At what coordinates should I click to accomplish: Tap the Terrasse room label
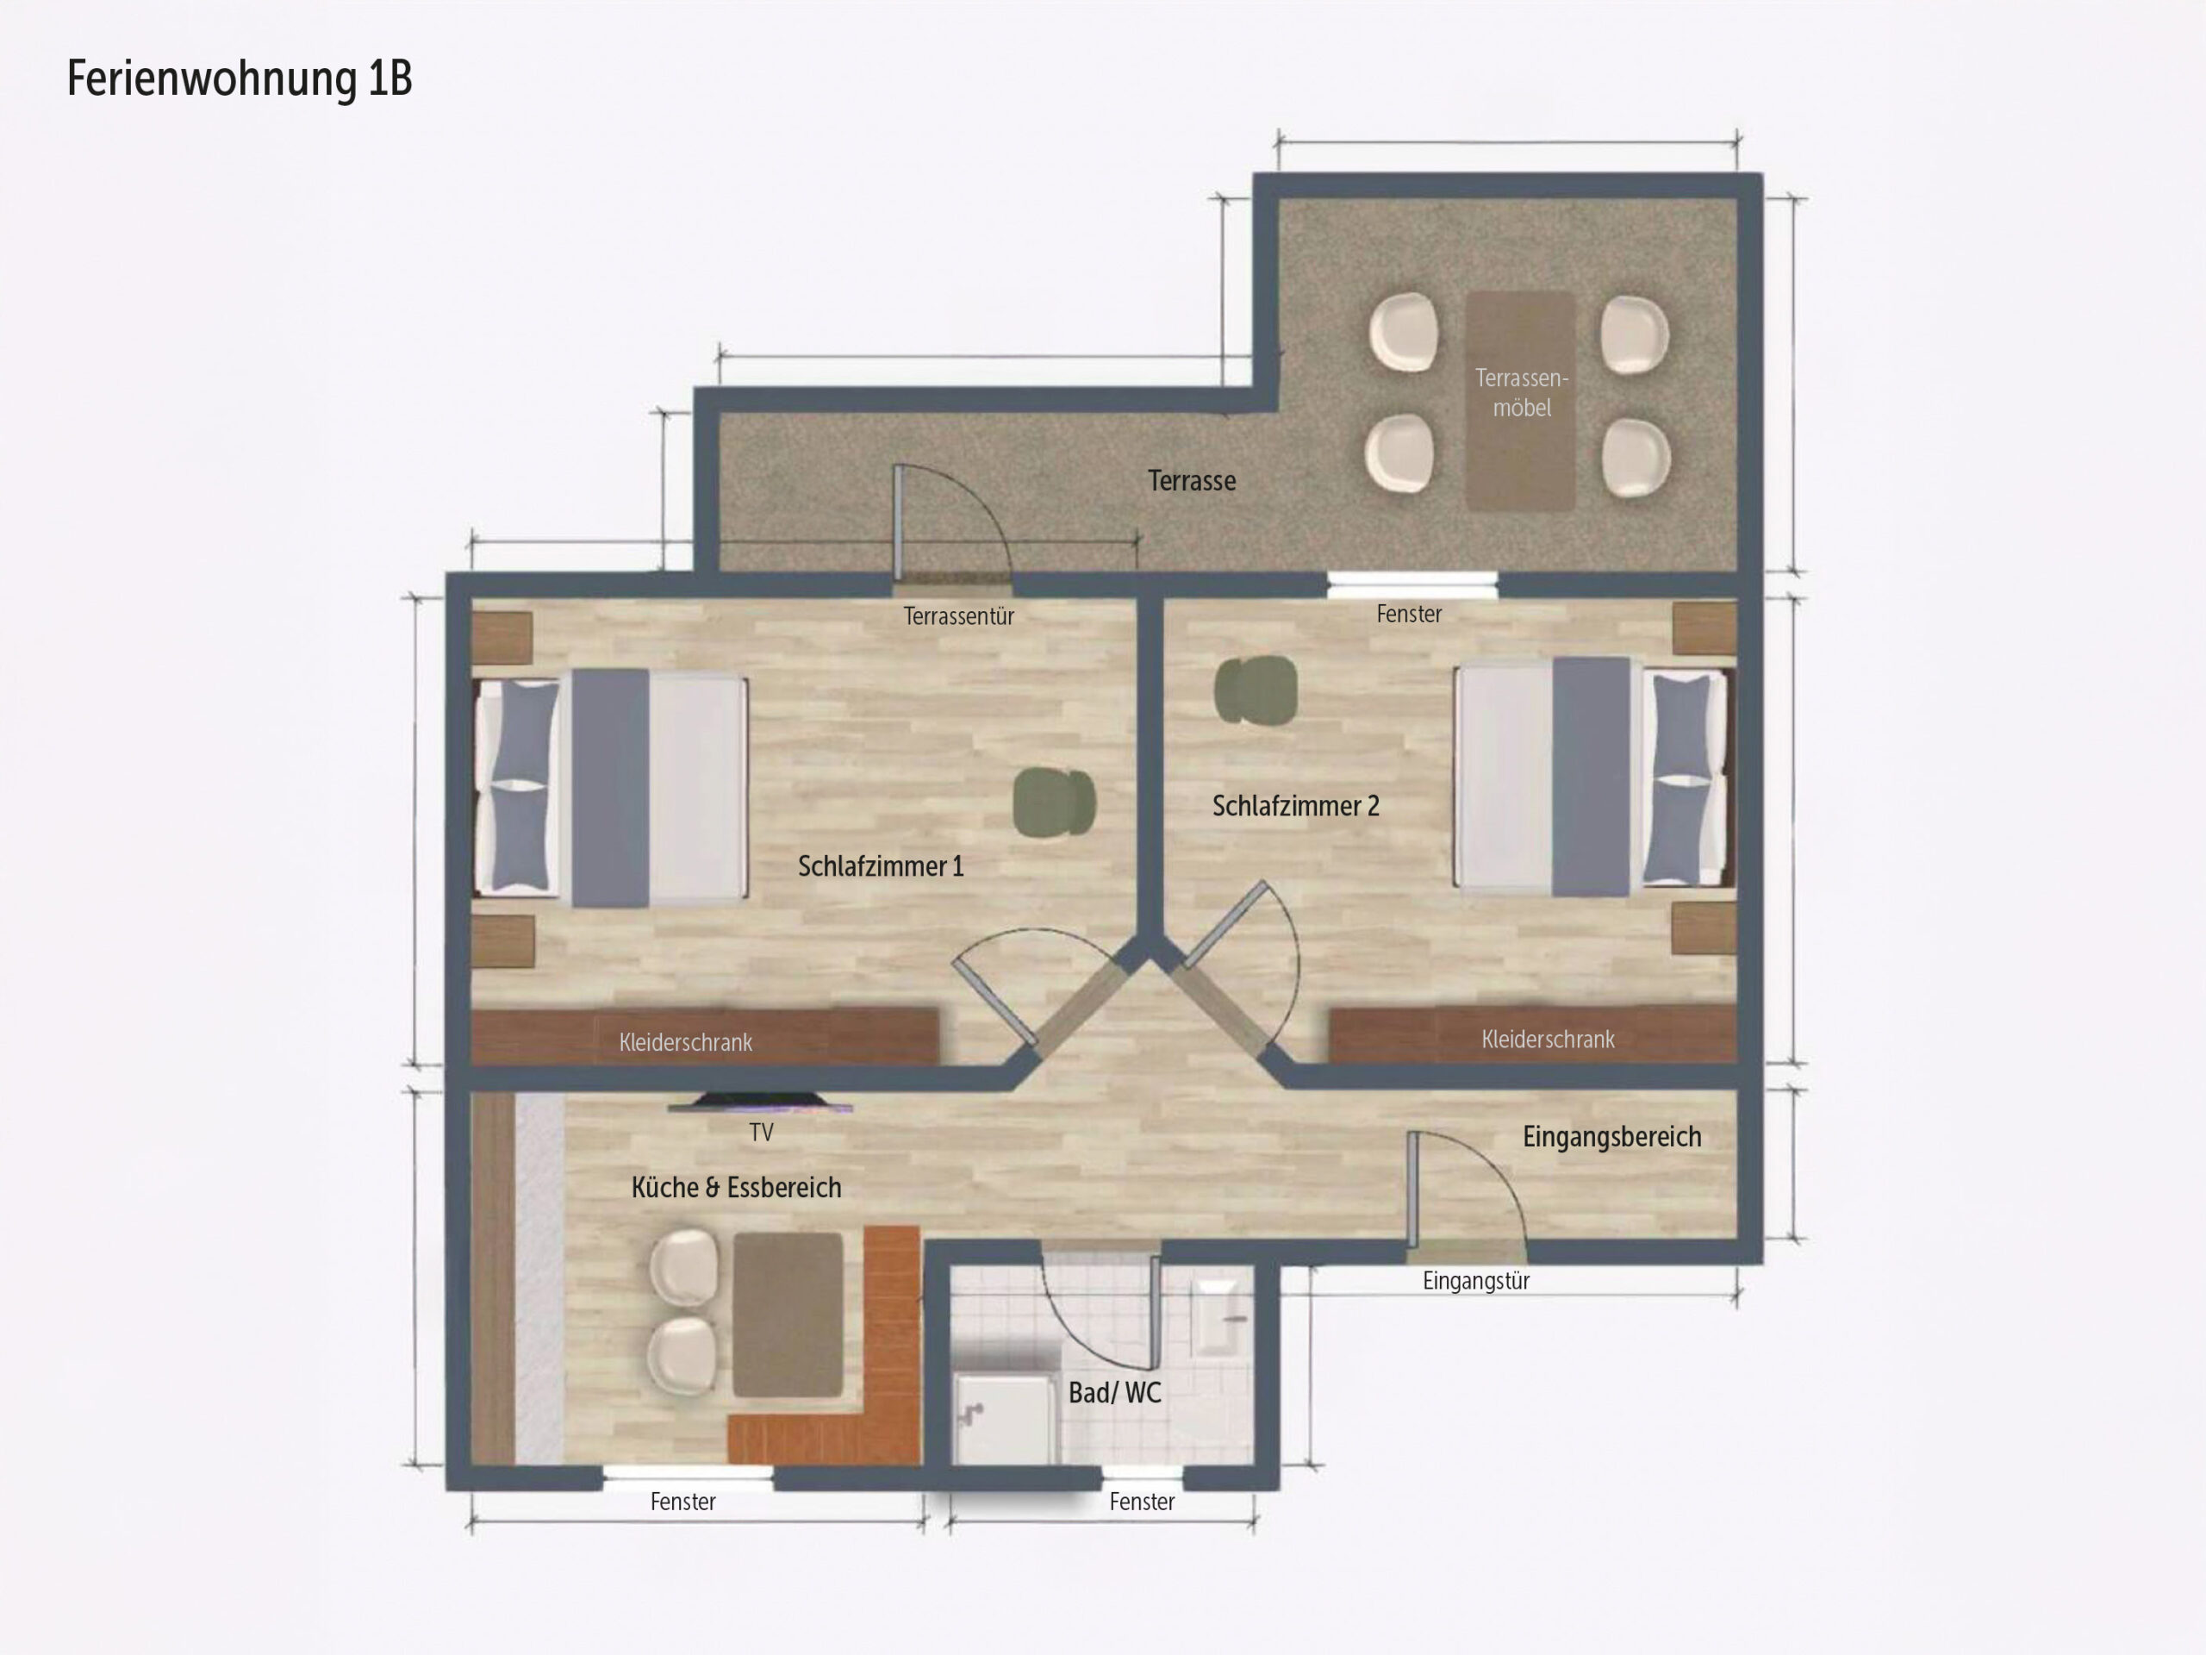point(1192,481)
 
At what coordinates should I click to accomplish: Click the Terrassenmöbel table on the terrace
point(1520,401)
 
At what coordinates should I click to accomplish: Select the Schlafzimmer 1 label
point(881,866)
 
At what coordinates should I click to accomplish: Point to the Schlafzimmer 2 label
point(1295,806)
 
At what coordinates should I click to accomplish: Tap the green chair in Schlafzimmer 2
point(1256,690)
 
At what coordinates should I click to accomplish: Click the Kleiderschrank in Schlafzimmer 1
point(704,1038)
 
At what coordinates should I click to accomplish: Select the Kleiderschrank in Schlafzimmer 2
point(1533,1034)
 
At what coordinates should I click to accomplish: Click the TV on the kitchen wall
point(760,1102)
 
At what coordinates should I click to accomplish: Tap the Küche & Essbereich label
point(736,1188)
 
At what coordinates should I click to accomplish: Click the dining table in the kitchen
point(788,1315)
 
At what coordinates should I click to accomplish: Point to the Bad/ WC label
point(1115,1393)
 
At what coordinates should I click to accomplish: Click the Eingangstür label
point(1476,1281)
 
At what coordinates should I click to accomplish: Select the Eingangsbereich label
point(1611,1137)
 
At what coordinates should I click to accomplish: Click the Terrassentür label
point(958,616)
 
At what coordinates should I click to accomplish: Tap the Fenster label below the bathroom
point(1142,1502)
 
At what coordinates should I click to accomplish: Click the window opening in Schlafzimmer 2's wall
point(1412,585)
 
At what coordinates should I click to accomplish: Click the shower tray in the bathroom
point(1004,1419)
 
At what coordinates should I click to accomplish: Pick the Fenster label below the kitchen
point(683,1502)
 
